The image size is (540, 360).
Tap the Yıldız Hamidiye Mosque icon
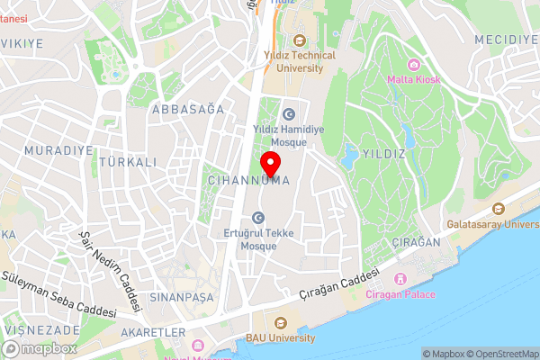pos(289,114)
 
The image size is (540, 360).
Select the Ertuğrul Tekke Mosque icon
pos(258,217)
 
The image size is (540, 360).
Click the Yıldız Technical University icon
pos(299,40)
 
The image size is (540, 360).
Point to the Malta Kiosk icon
pos(413,64)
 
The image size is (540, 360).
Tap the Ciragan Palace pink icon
pos(402,280)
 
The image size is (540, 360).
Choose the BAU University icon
pos(280,323)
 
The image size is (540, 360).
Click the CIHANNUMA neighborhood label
pos(247,181)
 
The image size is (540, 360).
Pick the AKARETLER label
pos(157,332)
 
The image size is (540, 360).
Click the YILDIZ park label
pos(382,154)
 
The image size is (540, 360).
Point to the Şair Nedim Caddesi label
pos(112,272)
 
